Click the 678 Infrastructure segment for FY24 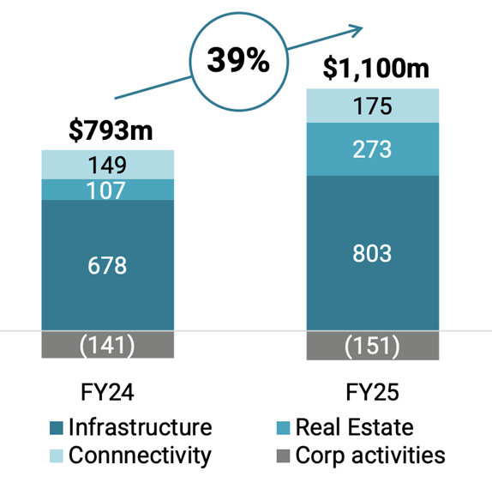click(107, 265)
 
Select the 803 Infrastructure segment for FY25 click(372, 253)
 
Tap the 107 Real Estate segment click(107, 190)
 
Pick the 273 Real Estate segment click(372, 149)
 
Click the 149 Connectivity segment click(107, 165)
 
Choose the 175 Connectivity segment click(372, 106)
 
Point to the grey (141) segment click(107, 345)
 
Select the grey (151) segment click(372, 345)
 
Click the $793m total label click(107, 132)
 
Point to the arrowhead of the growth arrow click(356, 29)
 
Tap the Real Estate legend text click(354, 427)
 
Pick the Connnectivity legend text click(139, 455)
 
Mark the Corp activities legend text click(370, 455)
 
